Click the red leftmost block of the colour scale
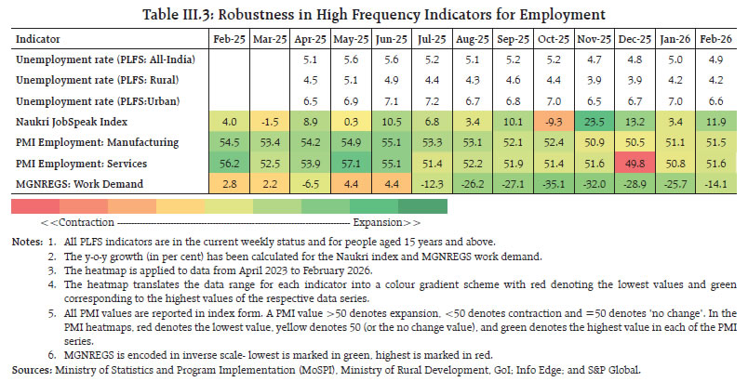pyautogui.click(x=30, y=205)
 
